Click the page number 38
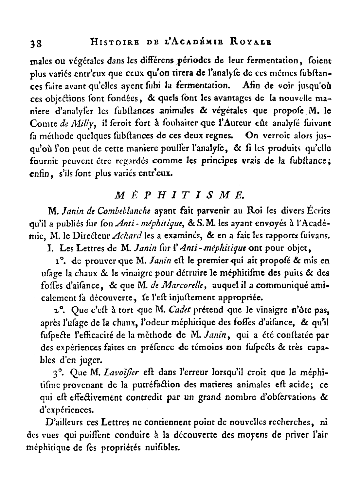coord(34,44)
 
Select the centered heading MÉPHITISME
coord(180,195)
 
